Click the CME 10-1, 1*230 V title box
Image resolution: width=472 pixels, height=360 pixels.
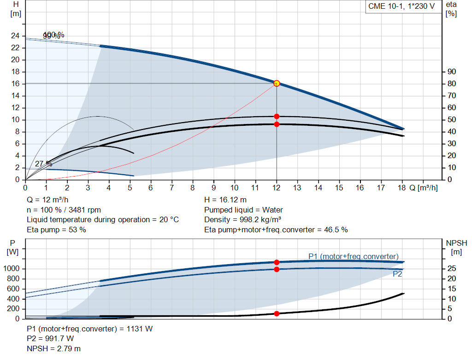tap(401, 6)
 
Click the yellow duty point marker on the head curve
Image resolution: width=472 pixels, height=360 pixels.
tap(277, 83)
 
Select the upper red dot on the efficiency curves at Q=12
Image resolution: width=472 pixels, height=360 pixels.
tap(277, 116)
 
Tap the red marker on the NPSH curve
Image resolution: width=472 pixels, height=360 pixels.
tap(277, 313)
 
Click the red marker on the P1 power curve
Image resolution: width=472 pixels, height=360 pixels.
tap(277, 262)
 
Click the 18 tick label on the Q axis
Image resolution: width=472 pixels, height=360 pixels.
tap(401, 188)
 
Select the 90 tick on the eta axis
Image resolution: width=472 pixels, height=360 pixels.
tap(451, 72)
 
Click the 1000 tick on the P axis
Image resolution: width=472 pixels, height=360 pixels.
tap(12, 269)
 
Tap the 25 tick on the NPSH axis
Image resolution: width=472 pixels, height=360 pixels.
tap(452, 269)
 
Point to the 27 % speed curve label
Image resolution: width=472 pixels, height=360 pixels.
tap(43, 164)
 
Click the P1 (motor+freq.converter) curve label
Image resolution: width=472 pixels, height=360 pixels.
tap(353, 256)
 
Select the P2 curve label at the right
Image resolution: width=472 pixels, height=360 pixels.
tap(397, 274)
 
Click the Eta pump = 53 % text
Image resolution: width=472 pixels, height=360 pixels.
tap(56, 230)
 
